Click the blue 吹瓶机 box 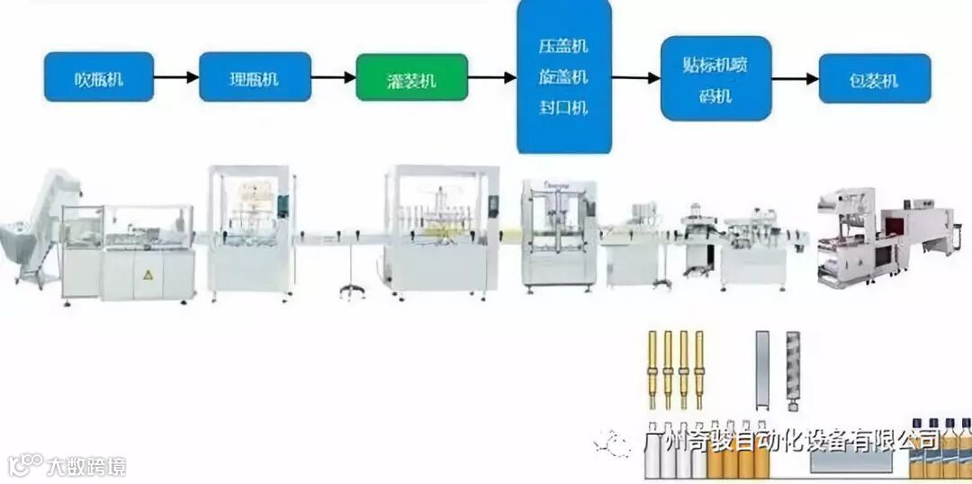coord(99,77)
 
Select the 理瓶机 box coord(255,77)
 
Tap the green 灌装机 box coord(412,78)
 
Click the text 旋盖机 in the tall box coord(563,77)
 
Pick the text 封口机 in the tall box coord(563,108)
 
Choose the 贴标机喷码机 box coord(715,78)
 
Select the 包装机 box coord(874,79)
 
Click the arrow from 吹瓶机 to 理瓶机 coord(176,77)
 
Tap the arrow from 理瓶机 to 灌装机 coord(333,77)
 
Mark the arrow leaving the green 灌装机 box coord(491,78)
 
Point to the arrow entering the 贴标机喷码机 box coord(636,78)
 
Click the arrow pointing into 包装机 coord(795,78)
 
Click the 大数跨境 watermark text coord(86,466)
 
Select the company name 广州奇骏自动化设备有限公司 coord(792,440)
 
